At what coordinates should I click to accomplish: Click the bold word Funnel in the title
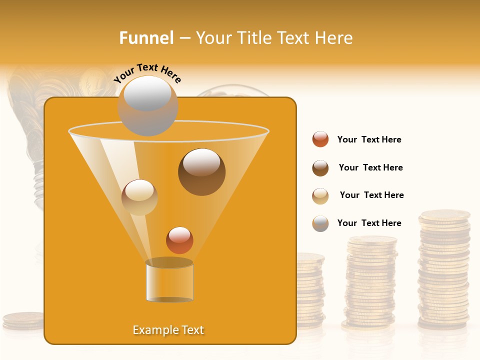click(146, 37)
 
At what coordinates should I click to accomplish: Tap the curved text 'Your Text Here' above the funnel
click(147, 73)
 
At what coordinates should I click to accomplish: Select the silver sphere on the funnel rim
click(148, 105)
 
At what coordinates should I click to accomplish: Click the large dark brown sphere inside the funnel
click(201, 172)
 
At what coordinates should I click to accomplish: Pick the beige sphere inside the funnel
click(139, 197)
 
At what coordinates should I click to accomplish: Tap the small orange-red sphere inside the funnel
click(179, 240)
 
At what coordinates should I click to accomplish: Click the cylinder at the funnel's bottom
click(170, 281)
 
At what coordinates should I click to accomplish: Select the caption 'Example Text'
click(168, 330)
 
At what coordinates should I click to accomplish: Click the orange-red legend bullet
click(320, 139)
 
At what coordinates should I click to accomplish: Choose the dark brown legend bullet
click(320, 168)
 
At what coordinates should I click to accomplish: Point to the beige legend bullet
click(320, 196)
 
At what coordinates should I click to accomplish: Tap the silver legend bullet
click(320, 223)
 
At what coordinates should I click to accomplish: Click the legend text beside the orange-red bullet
click(369, 139)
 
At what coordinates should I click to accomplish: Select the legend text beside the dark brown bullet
click(370, 167)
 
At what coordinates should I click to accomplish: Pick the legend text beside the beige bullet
click(371, 195)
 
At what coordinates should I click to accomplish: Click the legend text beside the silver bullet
click(369, 223)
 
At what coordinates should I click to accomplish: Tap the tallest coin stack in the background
click(444, 270)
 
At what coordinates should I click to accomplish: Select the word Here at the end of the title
click(334, 37)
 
